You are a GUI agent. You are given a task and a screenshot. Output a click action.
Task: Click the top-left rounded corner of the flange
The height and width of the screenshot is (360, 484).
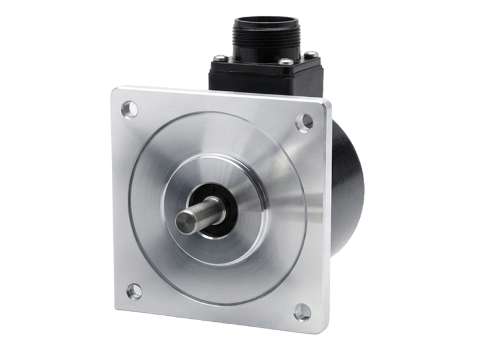tap(116, 91)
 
